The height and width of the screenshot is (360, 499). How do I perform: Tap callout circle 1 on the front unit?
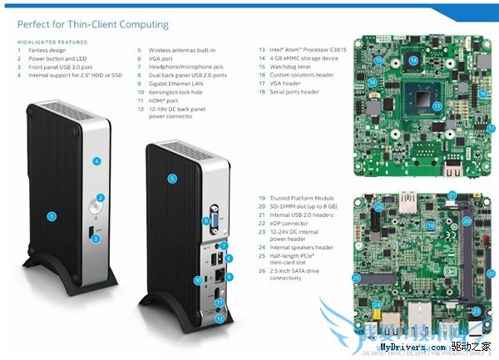click(x=52, y=216)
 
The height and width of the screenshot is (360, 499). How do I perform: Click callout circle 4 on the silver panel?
click(x=96, y=160)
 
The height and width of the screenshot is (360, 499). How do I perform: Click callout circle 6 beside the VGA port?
click(x=205, y=220)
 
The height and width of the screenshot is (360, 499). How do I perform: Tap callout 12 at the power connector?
click(x=220, y=318)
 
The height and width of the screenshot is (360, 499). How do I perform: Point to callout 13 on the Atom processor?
click(x=437, y=106)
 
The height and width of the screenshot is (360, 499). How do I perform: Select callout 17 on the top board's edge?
click(x=491, y=128)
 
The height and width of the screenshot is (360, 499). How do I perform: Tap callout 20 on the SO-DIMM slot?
click(x=467, y=221)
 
